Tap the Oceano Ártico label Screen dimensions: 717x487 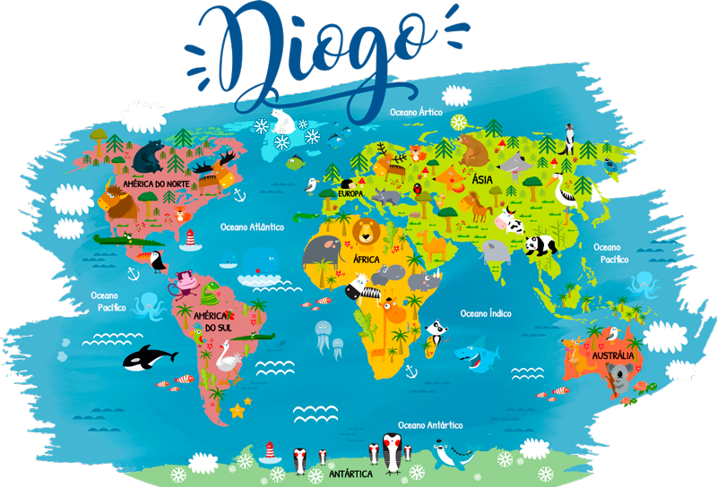click(416, 113)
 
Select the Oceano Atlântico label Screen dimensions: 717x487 click(252, 227)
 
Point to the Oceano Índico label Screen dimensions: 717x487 click(486, 313)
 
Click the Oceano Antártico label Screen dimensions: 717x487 click(430, 424)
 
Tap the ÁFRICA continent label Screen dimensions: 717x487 click(367, 259)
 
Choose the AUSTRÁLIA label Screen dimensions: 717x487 click(613, 356)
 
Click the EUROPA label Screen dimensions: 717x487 click(350, 194)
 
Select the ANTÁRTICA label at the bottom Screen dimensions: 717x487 click(351, 473)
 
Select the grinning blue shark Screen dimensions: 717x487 click(475, 356)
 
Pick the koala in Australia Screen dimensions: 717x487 click(616, 380)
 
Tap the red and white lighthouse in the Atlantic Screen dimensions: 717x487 click(190, 239)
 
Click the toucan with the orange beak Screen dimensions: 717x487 click(154, 261)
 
